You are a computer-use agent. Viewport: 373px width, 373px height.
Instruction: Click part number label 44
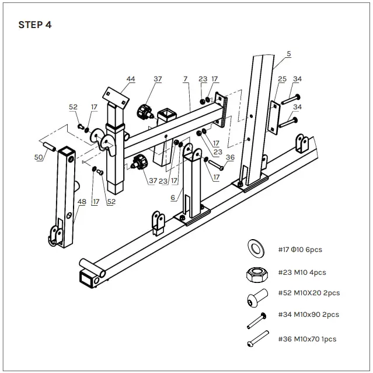tap(131, 78)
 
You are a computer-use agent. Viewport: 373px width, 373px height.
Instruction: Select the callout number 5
tap(288, 53)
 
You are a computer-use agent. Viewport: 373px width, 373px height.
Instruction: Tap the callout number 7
tap(185, 78)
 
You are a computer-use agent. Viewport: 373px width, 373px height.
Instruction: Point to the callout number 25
tap(282, 78)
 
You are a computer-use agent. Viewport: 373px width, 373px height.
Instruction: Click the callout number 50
tap(39, 158)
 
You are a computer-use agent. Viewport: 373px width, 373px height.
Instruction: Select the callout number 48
tap(82, 202)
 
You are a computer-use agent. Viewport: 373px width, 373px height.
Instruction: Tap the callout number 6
tap(173, 198)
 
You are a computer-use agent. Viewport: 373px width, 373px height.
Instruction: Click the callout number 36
tap(229, 157)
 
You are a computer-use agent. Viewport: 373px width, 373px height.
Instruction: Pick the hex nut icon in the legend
tap(255, 272)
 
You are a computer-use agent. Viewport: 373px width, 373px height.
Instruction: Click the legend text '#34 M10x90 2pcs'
tap(308, 315)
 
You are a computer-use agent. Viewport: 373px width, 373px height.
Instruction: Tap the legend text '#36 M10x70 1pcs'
tap(307, 339)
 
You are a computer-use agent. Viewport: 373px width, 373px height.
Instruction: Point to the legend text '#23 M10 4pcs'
tap(302, 272)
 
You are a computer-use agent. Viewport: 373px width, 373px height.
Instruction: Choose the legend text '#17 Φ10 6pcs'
tap(299, 250)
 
